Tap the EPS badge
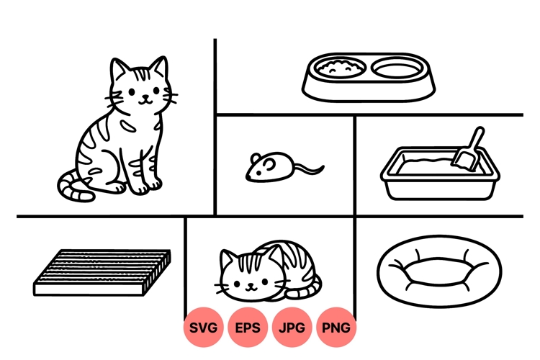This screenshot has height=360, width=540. tap(248, 328)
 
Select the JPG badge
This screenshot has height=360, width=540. tap(292, 328)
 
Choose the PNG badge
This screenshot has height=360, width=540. tap(336, 328)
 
